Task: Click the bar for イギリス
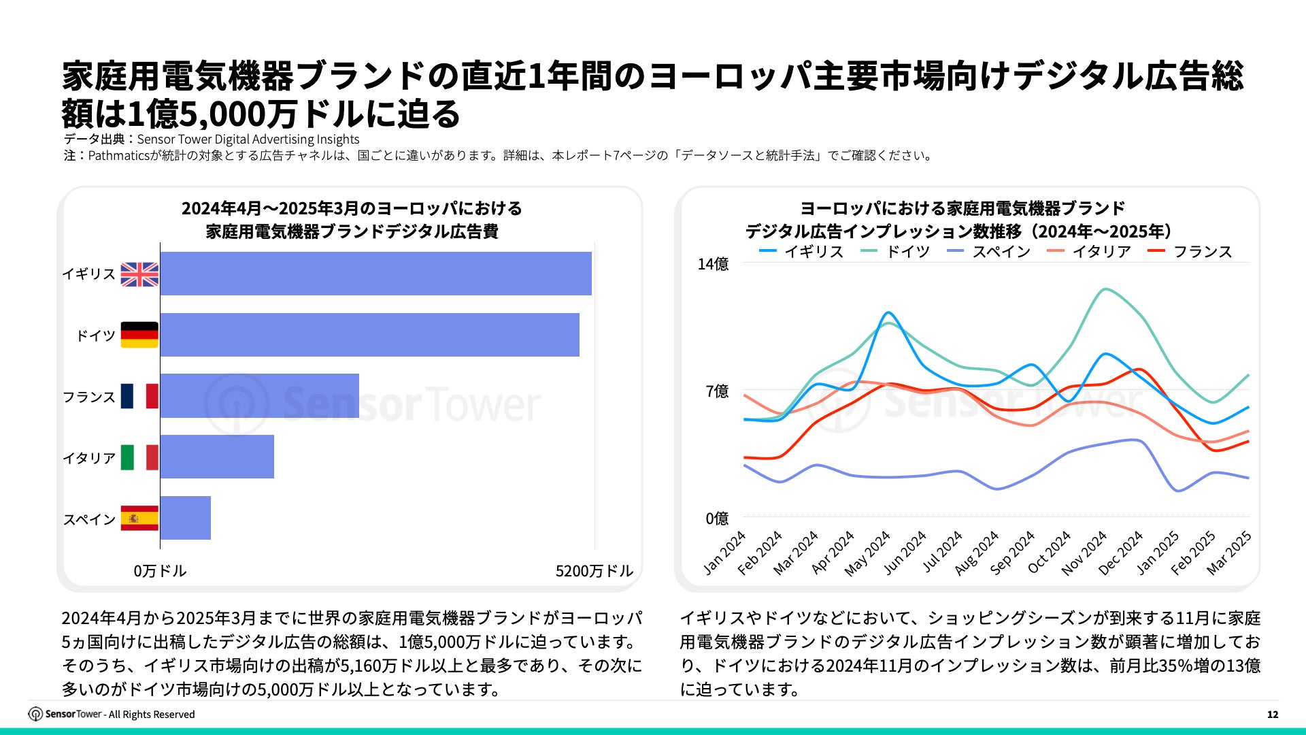click(x=375, y=274)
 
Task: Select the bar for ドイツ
click(x=369, y=335)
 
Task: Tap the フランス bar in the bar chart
click(x=259, y=396)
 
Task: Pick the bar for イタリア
click(x=217, y=457)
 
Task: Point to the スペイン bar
click(x=185, y=518)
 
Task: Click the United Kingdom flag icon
click(x=139, y=274)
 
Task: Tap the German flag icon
click(x=139, y=335)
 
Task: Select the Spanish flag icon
click(x=139, y=519)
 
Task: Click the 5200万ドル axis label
click(x=594, y=571)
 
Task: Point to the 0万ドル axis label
click(x=160, y=571)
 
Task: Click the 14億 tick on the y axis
click(x=713, y=264)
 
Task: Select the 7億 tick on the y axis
click(x=717, y=391)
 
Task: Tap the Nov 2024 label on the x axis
click(x=1085, y=553)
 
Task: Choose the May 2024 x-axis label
click(x=868, y=554)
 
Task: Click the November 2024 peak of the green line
click(x=1105, y=289)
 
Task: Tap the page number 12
click(x=1273, y=715)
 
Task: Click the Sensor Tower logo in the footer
click(x=65, y=714)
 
